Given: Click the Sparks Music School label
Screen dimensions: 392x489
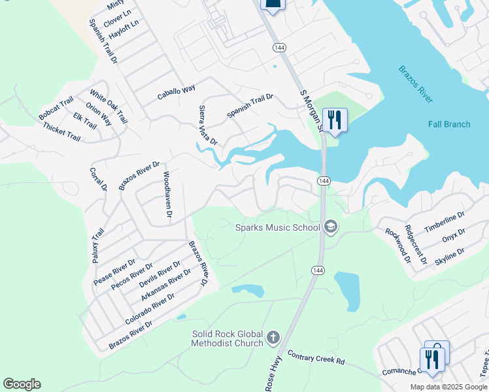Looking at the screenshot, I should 278,227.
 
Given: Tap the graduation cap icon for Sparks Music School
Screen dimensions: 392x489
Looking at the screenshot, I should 331,227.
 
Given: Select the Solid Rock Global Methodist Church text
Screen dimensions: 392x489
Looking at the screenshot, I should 228,338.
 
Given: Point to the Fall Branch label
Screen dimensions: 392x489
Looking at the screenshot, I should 449,124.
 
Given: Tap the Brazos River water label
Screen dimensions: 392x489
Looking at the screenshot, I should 415,84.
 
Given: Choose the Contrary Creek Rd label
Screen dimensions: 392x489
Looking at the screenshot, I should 316,356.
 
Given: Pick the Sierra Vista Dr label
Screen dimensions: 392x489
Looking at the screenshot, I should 208,124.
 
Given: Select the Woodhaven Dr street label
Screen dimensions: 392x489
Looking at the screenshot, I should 167,195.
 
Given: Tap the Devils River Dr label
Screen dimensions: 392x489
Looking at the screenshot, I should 160,274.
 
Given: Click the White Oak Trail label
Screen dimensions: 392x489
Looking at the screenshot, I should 109,107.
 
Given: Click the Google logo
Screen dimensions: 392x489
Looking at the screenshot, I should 22,384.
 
